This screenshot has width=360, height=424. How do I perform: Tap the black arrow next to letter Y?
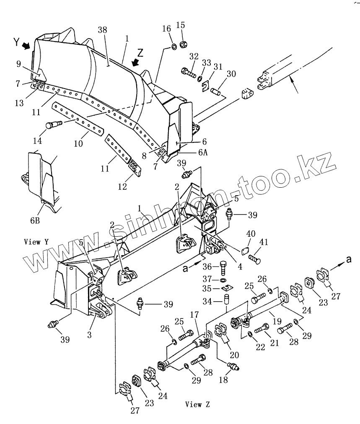27,45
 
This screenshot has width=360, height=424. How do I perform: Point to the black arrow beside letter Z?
135,62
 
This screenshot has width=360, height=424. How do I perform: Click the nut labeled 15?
183,44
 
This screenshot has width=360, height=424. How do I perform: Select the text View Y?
36,242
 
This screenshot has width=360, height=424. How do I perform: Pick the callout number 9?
18,64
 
